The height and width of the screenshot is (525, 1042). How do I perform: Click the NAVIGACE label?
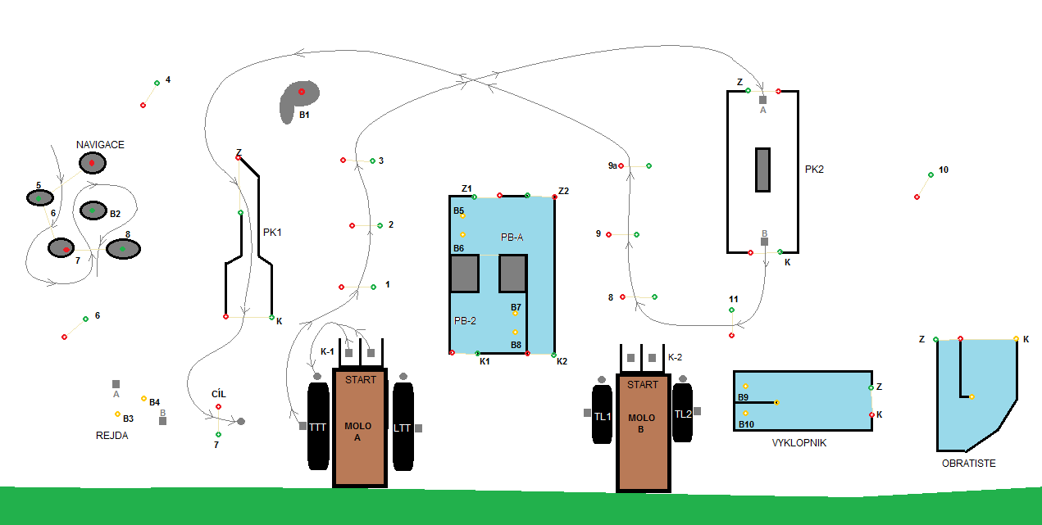100,145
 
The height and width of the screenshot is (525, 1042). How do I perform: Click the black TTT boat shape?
318,426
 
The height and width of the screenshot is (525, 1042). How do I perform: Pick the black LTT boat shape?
403,426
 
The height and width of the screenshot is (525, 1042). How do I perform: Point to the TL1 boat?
603,415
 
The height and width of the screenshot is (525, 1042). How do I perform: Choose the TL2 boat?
683,414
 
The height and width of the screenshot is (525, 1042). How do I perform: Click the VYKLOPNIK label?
799,443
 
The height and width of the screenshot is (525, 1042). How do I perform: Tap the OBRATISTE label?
968,464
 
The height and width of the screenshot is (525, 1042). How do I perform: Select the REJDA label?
112,436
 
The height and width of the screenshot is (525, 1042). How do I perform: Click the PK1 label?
272,233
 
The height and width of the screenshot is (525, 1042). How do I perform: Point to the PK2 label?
814,170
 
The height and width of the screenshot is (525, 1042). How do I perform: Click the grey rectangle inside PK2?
762,170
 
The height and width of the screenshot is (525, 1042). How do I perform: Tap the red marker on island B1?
302,92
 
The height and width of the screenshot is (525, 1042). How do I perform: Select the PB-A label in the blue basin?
512,237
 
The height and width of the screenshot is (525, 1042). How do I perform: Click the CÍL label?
218,394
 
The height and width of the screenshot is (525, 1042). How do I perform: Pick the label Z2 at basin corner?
563,191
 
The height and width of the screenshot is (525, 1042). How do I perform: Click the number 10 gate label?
944,170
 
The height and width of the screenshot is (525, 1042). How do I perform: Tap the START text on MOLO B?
643,385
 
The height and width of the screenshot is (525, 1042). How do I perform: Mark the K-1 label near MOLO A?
327,351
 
